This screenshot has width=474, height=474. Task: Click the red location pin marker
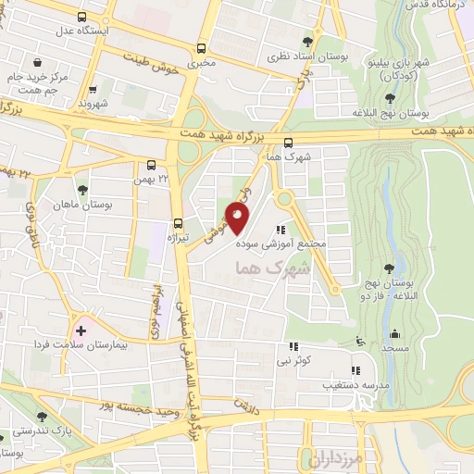click(238, 217)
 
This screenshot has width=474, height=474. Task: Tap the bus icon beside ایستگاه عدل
click(83, 17)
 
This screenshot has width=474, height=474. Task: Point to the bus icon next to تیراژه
click(178, 222)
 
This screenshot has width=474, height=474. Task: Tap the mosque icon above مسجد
click(396, 334)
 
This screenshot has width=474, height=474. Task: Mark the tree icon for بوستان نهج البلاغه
click(387, 96)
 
